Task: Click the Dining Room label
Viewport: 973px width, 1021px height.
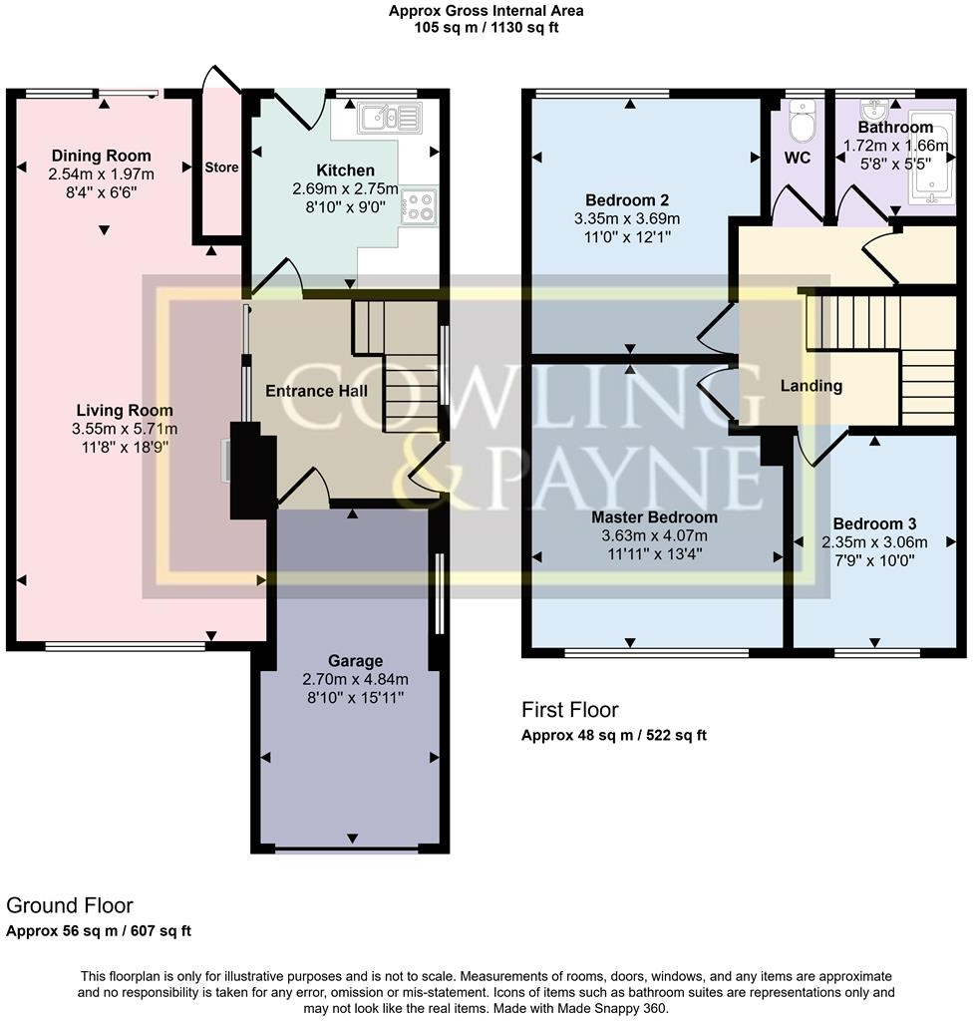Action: point(102,156)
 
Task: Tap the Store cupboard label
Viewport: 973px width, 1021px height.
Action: point(221,168)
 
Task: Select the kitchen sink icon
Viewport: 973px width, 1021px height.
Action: point(390,119)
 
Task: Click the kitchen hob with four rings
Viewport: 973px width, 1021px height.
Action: point(419,206)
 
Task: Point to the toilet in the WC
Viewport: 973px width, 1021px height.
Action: point(799,124)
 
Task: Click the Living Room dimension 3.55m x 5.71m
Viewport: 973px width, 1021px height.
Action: point(125,429)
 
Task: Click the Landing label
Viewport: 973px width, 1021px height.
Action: point(811,386)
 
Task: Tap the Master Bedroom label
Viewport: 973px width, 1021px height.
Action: point(654,517)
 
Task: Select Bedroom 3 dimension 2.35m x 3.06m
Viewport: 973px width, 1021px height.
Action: point(874,542)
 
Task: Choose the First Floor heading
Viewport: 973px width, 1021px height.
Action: point(570,710)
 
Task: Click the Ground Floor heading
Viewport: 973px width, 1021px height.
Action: point(70,905)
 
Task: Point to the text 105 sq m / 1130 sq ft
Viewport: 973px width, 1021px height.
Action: point(486,28)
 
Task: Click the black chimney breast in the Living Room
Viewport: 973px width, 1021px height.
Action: point(247,469)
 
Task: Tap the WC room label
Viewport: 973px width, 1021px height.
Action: point(798,158)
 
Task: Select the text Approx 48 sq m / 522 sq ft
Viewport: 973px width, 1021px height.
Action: point(614,736)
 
